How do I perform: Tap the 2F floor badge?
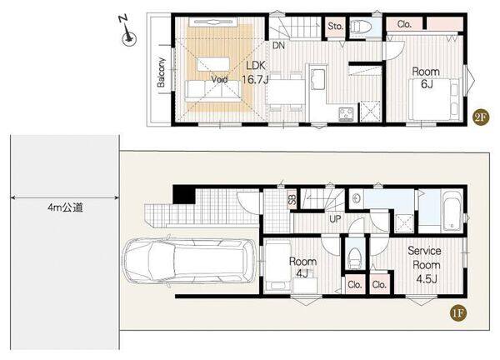(x=481, y=117)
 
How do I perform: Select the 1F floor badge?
(x=457, y=313)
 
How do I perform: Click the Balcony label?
(x=161, y=72)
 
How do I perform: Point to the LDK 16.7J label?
(x=255, y=72)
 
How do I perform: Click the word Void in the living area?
(x=219, y=79)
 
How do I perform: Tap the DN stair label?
(x=278, y=46)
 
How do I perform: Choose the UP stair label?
(x=335, y=218)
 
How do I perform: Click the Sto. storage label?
(x=336, y=26)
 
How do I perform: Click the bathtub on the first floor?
(x=452, y=211)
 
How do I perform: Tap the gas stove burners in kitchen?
(x=347, y=114)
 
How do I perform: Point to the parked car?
(x=190, y=261)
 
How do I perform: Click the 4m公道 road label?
(x=65, y=207)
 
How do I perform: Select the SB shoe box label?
(x=292, y=200)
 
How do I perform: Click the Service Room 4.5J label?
(x=424, y=265)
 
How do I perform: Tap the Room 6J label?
(x=426, y=77)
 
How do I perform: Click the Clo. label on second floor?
(x=404, y=24)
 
